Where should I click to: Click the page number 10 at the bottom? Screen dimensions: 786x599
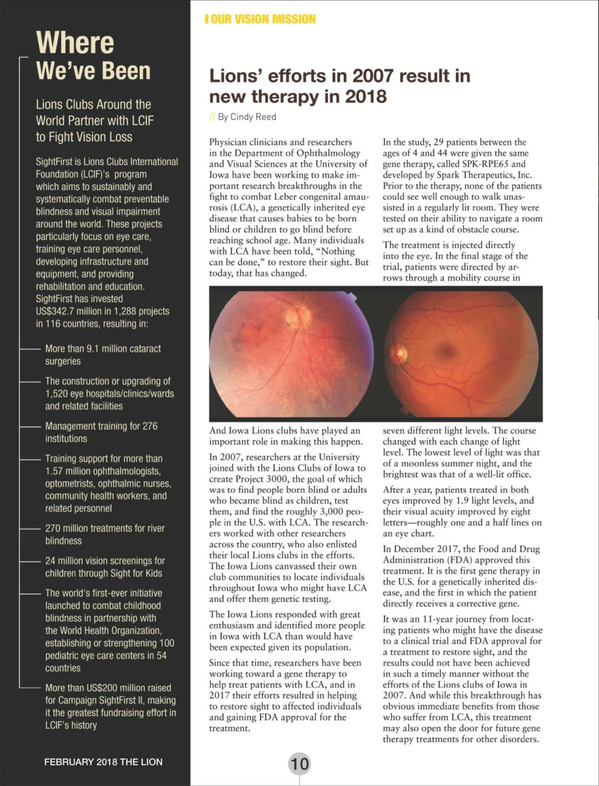tap(299, 764)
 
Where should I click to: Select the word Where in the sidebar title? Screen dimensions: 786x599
tap(75, 42)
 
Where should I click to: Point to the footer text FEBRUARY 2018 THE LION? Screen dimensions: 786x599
tap(103, 762)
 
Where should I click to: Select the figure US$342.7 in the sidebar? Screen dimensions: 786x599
tap(54, 311)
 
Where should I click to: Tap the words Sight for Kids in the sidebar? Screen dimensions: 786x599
tap(131, 573)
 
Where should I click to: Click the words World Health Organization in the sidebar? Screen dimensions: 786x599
tap(110, 631)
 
